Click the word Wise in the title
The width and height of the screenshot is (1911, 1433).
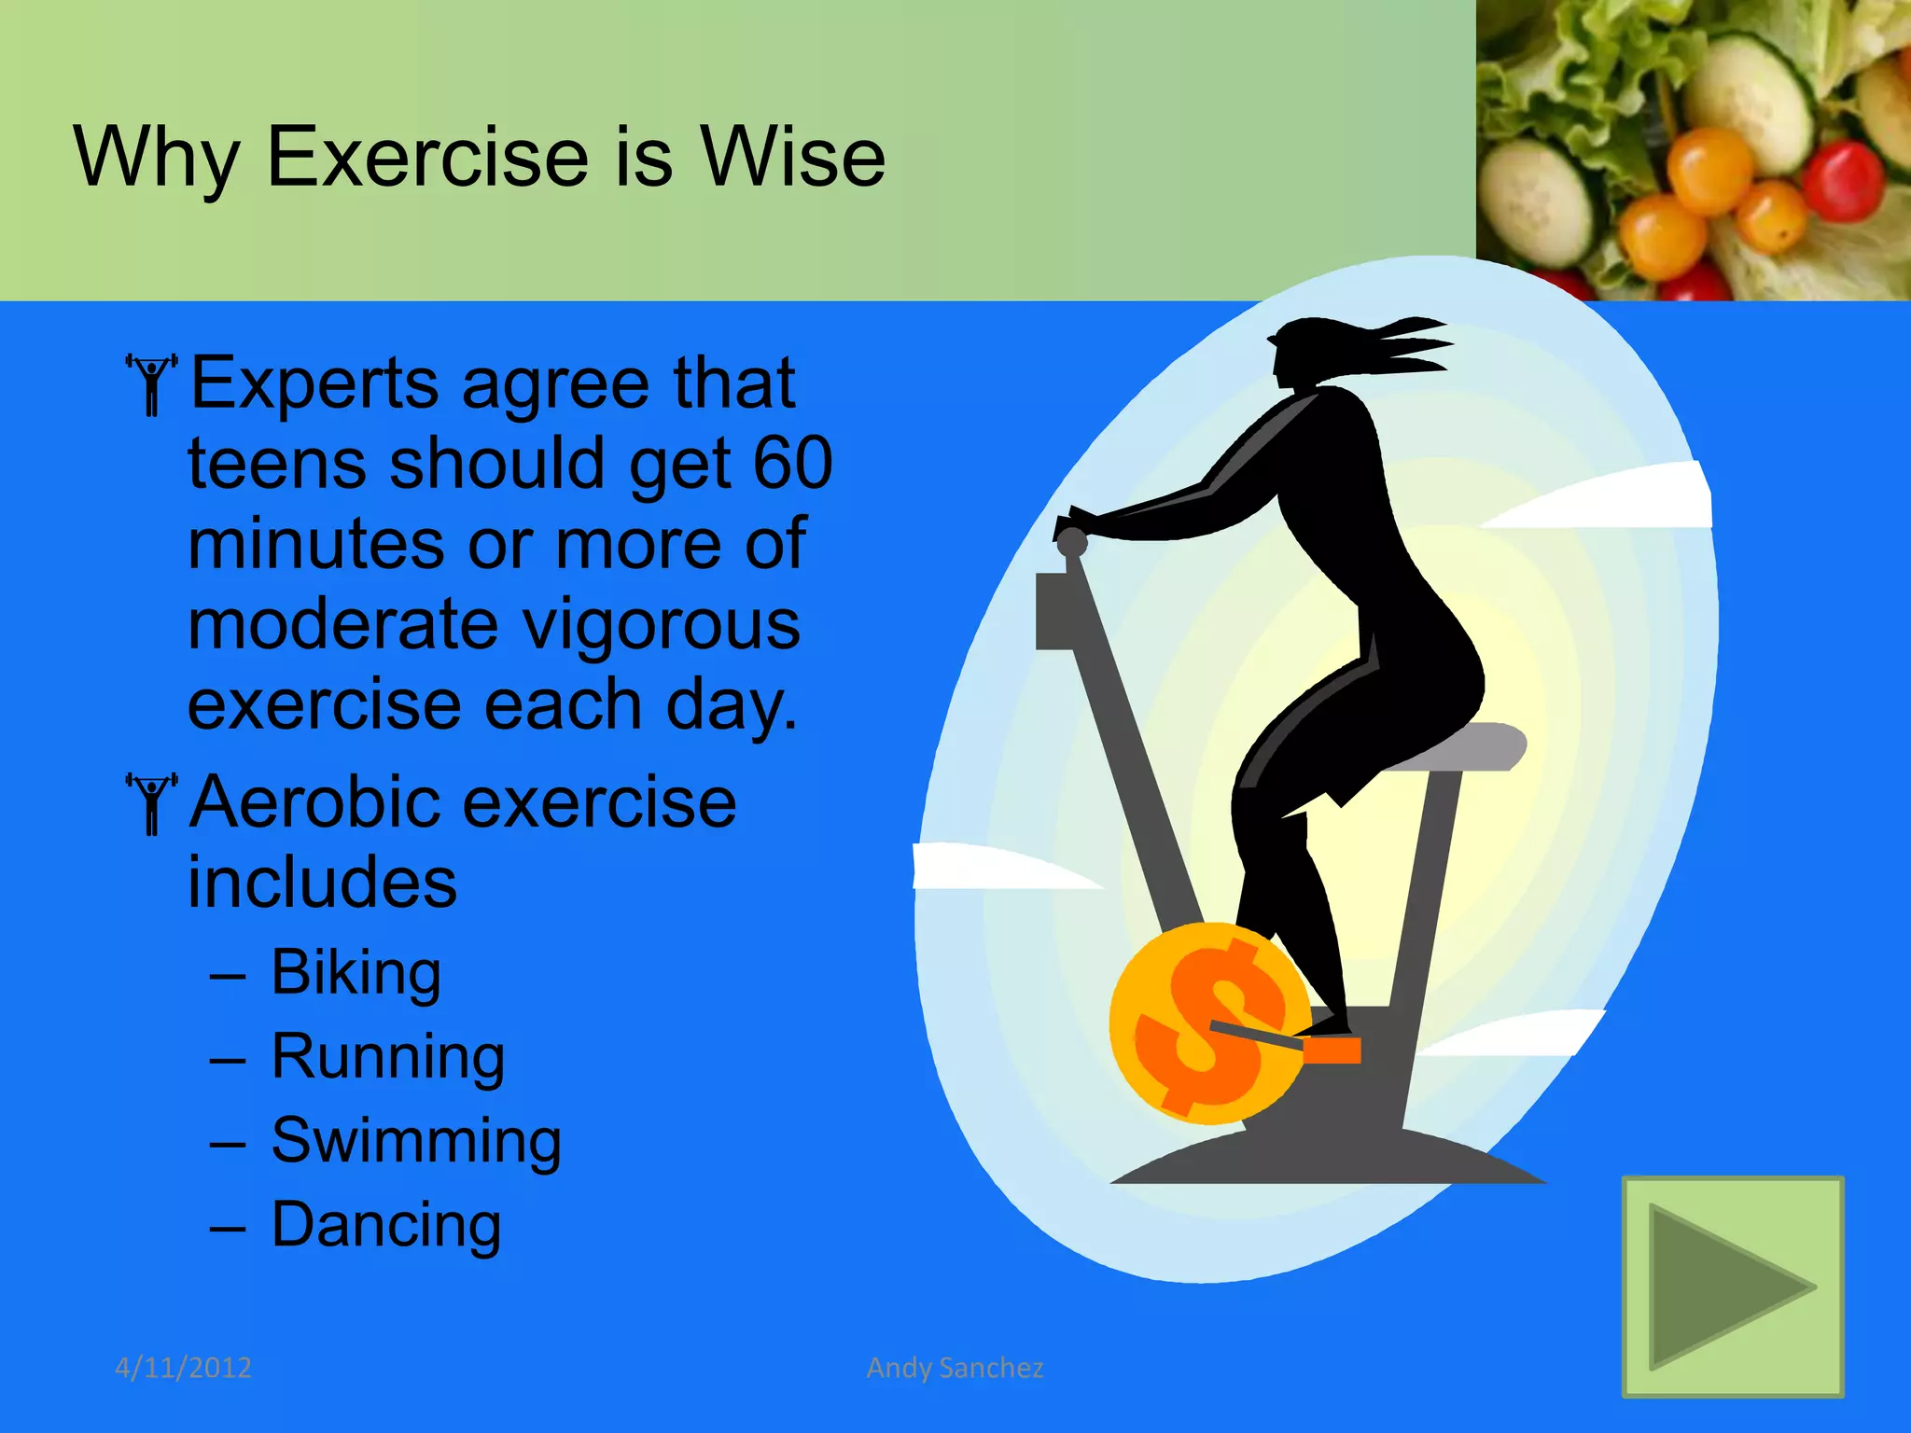pyautogui.click(x=792, y=157)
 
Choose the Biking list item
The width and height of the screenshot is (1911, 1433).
pyautogui.click(x=356, y=972)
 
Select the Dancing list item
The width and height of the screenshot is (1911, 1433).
pyautogui.click(x=386, y=1224)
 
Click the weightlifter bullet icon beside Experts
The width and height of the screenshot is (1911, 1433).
pyautogui.click(x=150, y=383)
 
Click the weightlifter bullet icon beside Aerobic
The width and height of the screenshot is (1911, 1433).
pyautogui.click(x=150, y=803)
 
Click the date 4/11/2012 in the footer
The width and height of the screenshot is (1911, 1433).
pyautogui.click(x=183, y=1368)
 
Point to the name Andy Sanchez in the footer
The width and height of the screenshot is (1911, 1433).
pyautogui.click(x=955, y=1368)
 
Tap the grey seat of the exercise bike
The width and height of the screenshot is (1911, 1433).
pyautogui.click(x=1465, y=746)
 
